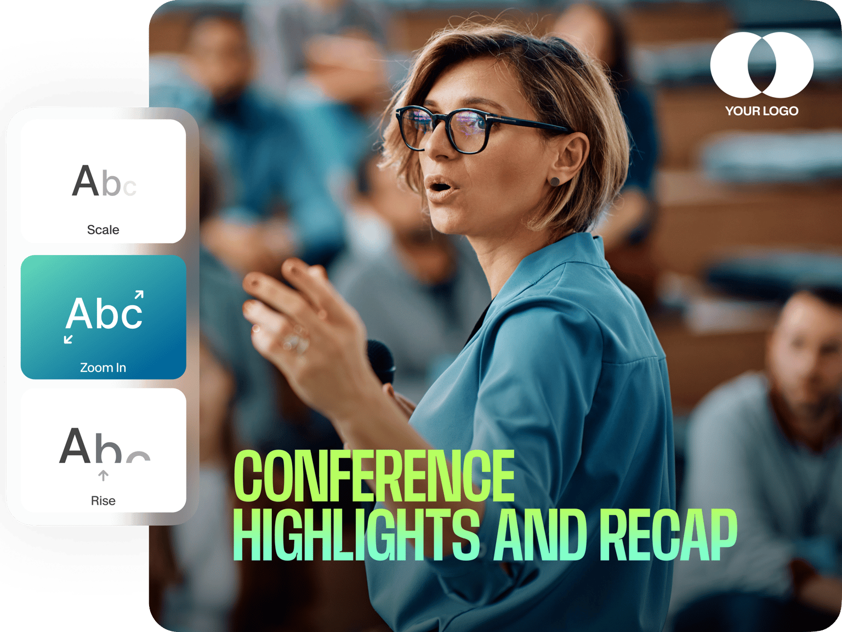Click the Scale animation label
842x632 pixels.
pos(103,229)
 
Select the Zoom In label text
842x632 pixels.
pos(103,368)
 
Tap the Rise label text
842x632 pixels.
pos(103,501)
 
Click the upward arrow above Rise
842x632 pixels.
pos(103,476)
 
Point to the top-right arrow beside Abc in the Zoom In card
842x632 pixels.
pos(139,295)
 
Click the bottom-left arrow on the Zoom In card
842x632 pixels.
pos(69,339)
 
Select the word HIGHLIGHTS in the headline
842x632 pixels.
pos(356,535)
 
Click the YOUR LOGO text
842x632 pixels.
pos(762,111)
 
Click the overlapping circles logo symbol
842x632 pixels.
pos(762,65)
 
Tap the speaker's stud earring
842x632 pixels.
pos(555,180)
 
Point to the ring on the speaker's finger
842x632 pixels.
pos(296,341)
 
